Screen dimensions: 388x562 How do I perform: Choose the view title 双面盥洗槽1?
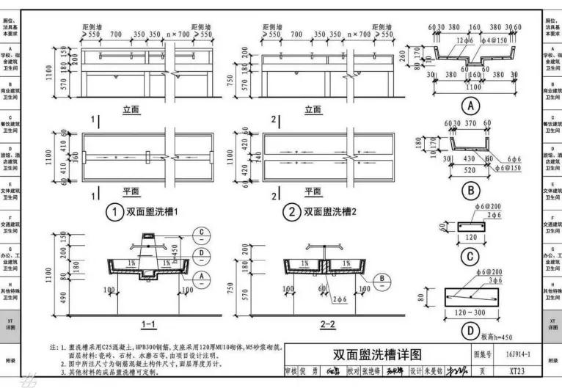pos(150,213)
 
